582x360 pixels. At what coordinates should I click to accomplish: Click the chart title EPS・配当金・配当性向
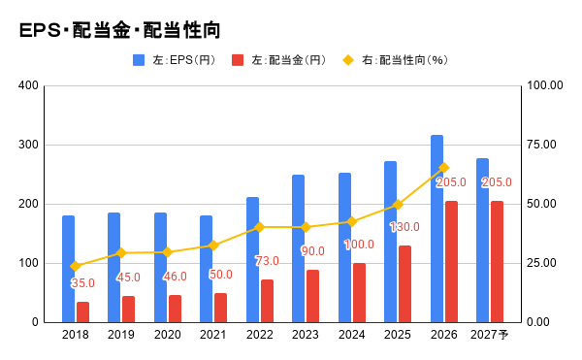click(120, 30)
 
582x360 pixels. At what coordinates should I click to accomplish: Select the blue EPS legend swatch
click(139, 60)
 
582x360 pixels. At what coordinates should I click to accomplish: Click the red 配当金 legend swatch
click(238, 60)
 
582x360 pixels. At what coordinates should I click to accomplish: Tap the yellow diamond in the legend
click(348, 60)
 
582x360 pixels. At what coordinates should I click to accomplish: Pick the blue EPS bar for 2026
click(436, 229)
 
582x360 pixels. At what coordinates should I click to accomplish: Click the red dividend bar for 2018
click(82, 312)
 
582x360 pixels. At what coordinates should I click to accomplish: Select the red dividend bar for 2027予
click(497, 262)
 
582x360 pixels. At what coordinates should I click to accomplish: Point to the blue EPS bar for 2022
click(253, 260)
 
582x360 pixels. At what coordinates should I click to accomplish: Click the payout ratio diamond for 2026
click(444, 168)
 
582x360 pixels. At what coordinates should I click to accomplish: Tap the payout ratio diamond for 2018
click(76, 266)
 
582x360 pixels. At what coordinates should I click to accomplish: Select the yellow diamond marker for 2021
click(213, 245)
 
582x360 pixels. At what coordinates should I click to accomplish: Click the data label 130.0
click(404, 227)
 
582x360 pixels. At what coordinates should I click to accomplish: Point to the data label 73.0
click(268, 261)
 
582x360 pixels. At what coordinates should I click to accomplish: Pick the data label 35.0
click(82, 283)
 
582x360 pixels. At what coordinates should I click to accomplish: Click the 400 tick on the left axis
click(28, 85)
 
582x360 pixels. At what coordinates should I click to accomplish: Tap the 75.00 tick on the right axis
click(542, 145)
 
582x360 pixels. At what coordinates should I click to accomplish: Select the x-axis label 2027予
click(490, 335)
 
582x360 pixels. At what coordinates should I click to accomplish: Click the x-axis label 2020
click(168, 335)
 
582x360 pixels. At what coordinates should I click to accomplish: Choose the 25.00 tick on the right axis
click(542, 263)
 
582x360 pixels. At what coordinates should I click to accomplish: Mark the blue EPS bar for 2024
click(344, 247)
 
